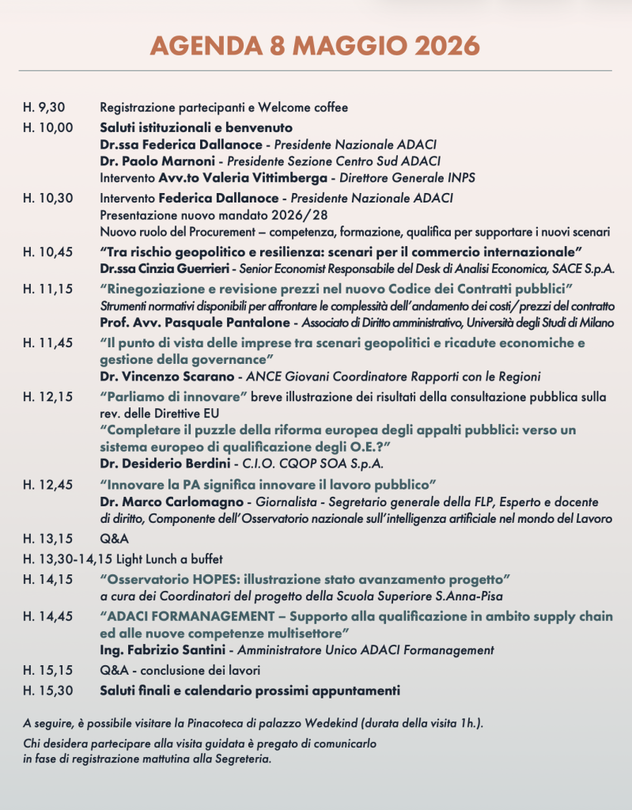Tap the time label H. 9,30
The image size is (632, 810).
pyautogui.click(x=44, y=108)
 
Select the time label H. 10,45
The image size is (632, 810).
pyautogui.click(x=47, y=252)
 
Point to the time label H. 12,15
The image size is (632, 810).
pyautogui.click(x=47, y=395)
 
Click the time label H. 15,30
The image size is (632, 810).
pyautogui.click(x=47, y=691)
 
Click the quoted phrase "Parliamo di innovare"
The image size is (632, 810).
pyautogui.click(x=175, y=395)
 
